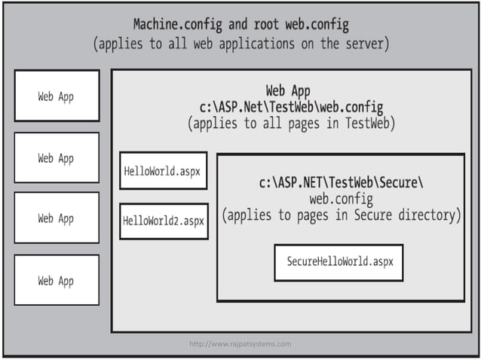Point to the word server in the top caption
363,44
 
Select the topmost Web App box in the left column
57,96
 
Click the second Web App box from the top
57,158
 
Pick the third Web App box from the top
57,218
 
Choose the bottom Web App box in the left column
57,280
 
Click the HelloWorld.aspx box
162,171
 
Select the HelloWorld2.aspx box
164,221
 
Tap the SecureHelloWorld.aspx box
339,262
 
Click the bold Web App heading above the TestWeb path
289,90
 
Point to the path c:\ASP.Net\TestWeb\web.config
289,107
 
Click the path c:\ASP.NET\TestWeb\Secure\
342,182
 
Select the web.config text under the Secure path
341,199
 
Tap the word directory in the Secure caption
428,215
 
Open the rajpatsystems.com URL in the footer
240,344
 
